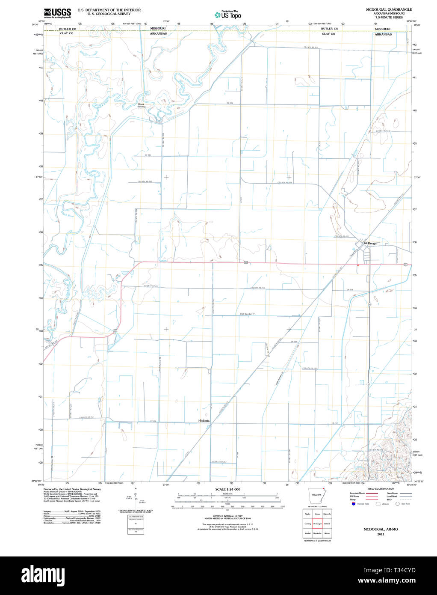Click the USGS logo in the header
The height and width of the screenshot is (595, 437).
pos(57,12)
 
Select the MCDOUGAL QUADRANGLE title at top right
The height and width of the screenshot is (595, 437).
pos(389,9)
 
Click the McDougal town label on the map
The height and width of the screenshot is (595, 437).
pos(370,243)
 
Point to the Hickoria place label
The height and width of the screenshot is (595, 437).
pos(204,421)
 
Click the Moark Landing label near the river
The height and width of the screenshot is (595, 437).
pos(141,105)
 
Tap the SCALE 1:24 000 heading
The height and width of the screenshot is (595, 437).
pos(227,489)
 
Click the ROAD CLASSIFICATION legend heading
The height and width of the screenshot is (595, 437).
pos(380,489)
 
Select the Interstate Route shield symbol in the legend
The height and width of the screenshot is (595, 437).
pos(353,504)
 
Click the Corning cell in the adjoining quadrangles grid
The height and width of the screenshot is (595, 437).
pos(307,524)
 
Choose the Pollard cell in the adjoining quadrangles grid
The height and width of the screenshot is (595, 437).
pos(327,524)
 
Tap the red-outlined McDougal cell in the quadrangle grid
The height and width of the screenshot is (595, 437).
pos(317,524)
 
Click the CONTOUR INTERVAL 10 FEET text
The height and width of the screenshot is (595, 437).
pos(227,516)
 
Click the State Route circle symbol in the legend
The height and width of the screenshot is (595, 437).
pos(397,504)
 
